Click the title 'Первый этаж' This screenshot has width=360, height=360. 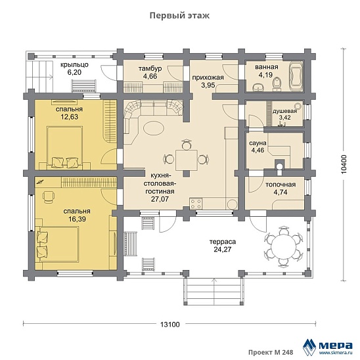(x=179, y=16)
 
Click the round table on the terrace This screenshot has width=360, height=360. (x=283, y=247)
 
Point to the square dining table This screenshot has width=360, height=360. (x=187, y=160)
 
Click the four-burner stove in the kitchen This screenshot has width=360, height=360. (x=196, y=204)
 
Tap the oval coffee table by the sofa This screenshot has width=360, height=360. (x=154, y=127)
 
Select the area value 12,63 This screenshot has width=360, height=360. (x=70, y=117)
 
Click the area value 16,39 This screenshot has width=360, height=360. (x=77, y=219)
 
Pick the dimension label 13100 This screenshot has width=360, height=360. (x=170, y=325)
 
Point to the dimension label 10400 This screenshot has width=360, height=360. (x=344, y=164)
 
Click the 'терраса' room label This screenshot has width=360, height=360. (x=223, y=242)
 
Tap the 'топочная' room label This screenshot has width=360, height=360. (x=281, y=185)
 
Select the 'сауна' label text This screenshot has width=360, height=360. (x=258, y=143)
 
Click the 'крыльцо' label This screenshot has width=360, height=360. (x=74, y=65)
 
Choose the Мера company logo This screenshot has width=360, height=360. (x=328, y=346)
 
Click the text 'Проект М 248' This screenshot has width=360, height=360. (x=271, y=352)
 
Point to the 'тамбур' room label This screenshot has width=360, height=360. (x=150, y=68)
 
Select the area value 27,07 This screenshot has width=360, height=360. (x=160, y=199)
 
